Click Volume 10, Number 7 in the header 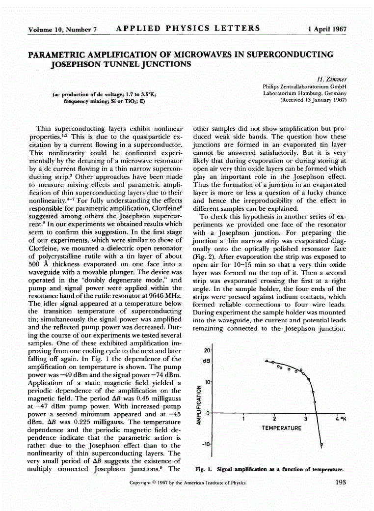point(62,29)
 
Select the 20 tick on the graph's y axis point(207,351)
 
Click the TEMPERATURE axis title point(281,428)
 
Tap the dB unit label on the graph point(207,360)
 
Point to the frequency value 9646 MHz point(165,297)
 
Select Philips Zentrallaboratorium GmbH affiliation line point(305,86)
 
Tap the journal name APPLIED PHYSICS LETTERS point(187,28)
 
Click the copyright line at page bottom point(187,483)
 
